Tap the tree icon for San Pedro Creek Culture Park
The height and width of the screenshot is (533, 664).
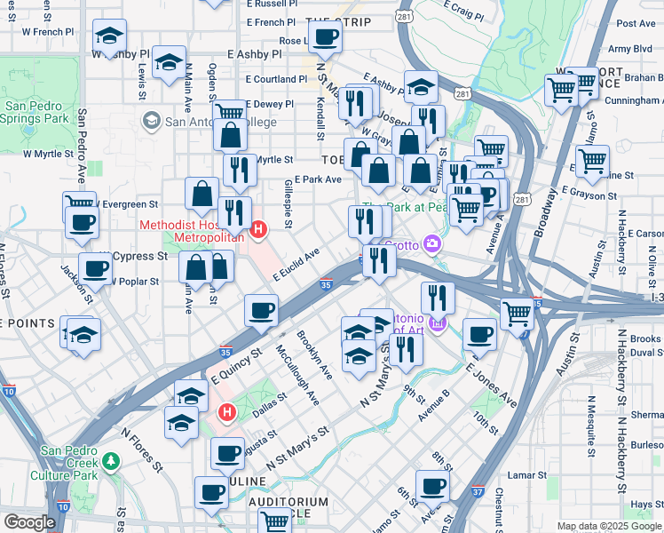[x=111, y=462]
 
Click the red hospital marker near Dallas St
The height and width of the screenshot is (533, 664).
[x=226, y=413]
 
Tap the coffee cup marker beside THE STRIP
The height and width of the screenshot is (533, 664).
[x=325, y=37]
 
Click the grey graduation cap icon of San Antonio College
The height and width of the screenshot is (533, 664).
[x=151, y=121]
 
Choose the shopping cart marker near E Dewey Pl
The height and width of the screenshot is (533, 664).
[x=230, y=113]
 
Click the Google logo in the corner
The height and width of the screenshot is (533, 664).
[x=30, y=522]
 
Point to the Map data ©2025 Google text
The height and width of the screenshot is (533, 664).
[x=609, y=526]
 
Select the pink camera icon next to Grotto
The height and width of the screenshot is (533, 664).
[x=432, y=243]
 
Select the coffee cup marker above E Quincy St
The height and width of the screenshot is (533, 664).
[x=262, y=311]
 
